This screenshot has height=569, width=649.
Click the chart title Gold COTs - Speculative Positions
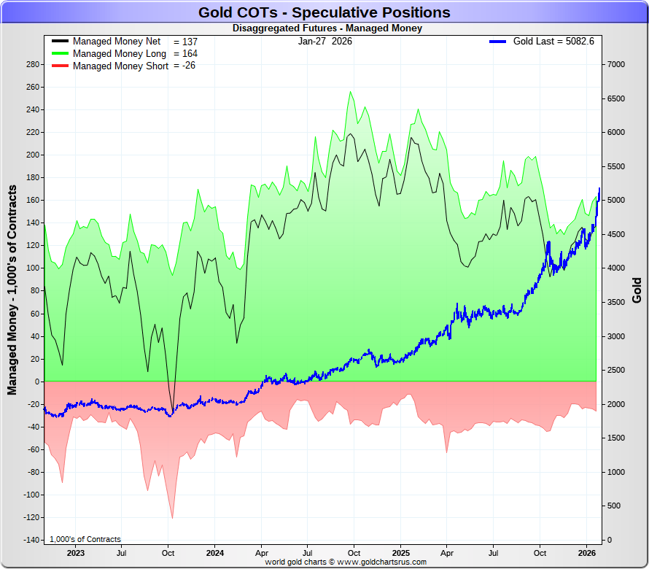(x=324, y=12)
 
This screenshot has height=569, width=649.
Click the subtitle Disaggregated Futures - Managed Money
(x=327, y=28)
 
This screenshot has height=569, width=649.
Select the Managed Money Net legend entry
(x=117, y=42)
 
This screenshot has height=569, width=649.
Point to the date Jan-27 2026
(x=324, y=42)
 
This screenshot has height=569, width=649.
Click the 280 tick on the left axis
(x=31, y=64)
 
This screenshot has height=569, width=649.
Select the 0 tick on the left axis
(x=36, y=382)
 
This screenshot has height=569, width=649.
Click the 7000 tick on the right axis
(x=616, y=64)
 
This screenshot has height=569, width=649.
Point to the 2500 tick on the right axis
(x=616, y=370)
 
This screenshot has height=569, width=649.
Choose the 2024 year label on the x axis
(x=215, y=552)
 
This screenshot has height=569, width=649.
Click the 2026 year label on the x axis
(x=587, y=552)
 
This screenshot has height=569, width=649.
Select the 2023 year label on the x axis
(x=76, y=552)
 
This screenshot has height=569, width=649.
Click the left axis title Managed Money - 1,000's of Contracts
(x=12, y=290)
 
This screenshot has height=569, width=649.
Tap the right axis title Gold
(x=637, y=290)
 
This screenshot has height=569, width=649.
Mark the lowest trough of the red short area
(x=172, y=518)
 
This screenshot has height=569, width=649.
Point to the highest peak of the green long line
(x=351, y=92)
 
